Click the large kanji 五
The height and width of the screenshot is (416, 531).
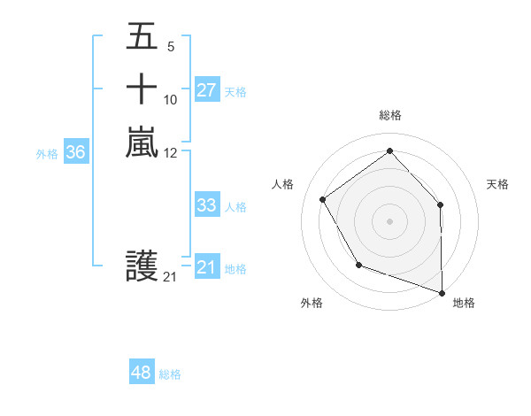click(142, 38)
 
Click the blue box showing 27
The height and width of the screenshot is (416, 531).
click(206, 90)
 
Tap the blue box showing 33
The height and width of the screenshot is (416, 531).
click(206, 205)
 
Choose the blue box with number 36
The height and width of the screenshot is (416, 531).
click(76, 153)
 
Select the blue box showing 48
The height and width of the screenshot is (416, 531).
click(142, 373)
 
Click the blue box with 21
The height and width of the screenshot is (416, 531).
click(206, 268)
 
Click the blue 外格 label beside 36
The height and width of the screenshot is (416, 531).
click(47, 154)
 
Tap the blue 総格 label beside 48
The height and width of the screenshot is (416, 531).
click(170, 374)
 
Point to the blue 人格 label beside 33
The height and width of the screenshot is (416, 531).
click(235, 207)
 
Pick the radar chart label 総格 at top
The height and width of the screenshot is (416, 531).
click(390, 115)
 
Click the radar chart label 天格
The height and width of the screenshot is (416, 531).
click(498, 184)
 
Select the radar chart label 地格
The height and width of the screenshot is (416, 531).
click(464, 303)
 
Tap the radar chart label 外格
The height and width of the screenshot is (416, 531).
click(312, 303)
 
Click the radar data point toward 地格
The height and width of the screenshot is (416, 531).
click(442, 291)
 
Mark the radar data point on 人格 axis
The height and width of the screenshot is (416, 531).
click(323, 199)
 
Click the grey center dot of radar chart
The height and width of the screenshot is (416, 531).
click(389, 220)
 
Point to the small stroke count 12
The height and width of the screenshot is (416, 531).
click(171, 153)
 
